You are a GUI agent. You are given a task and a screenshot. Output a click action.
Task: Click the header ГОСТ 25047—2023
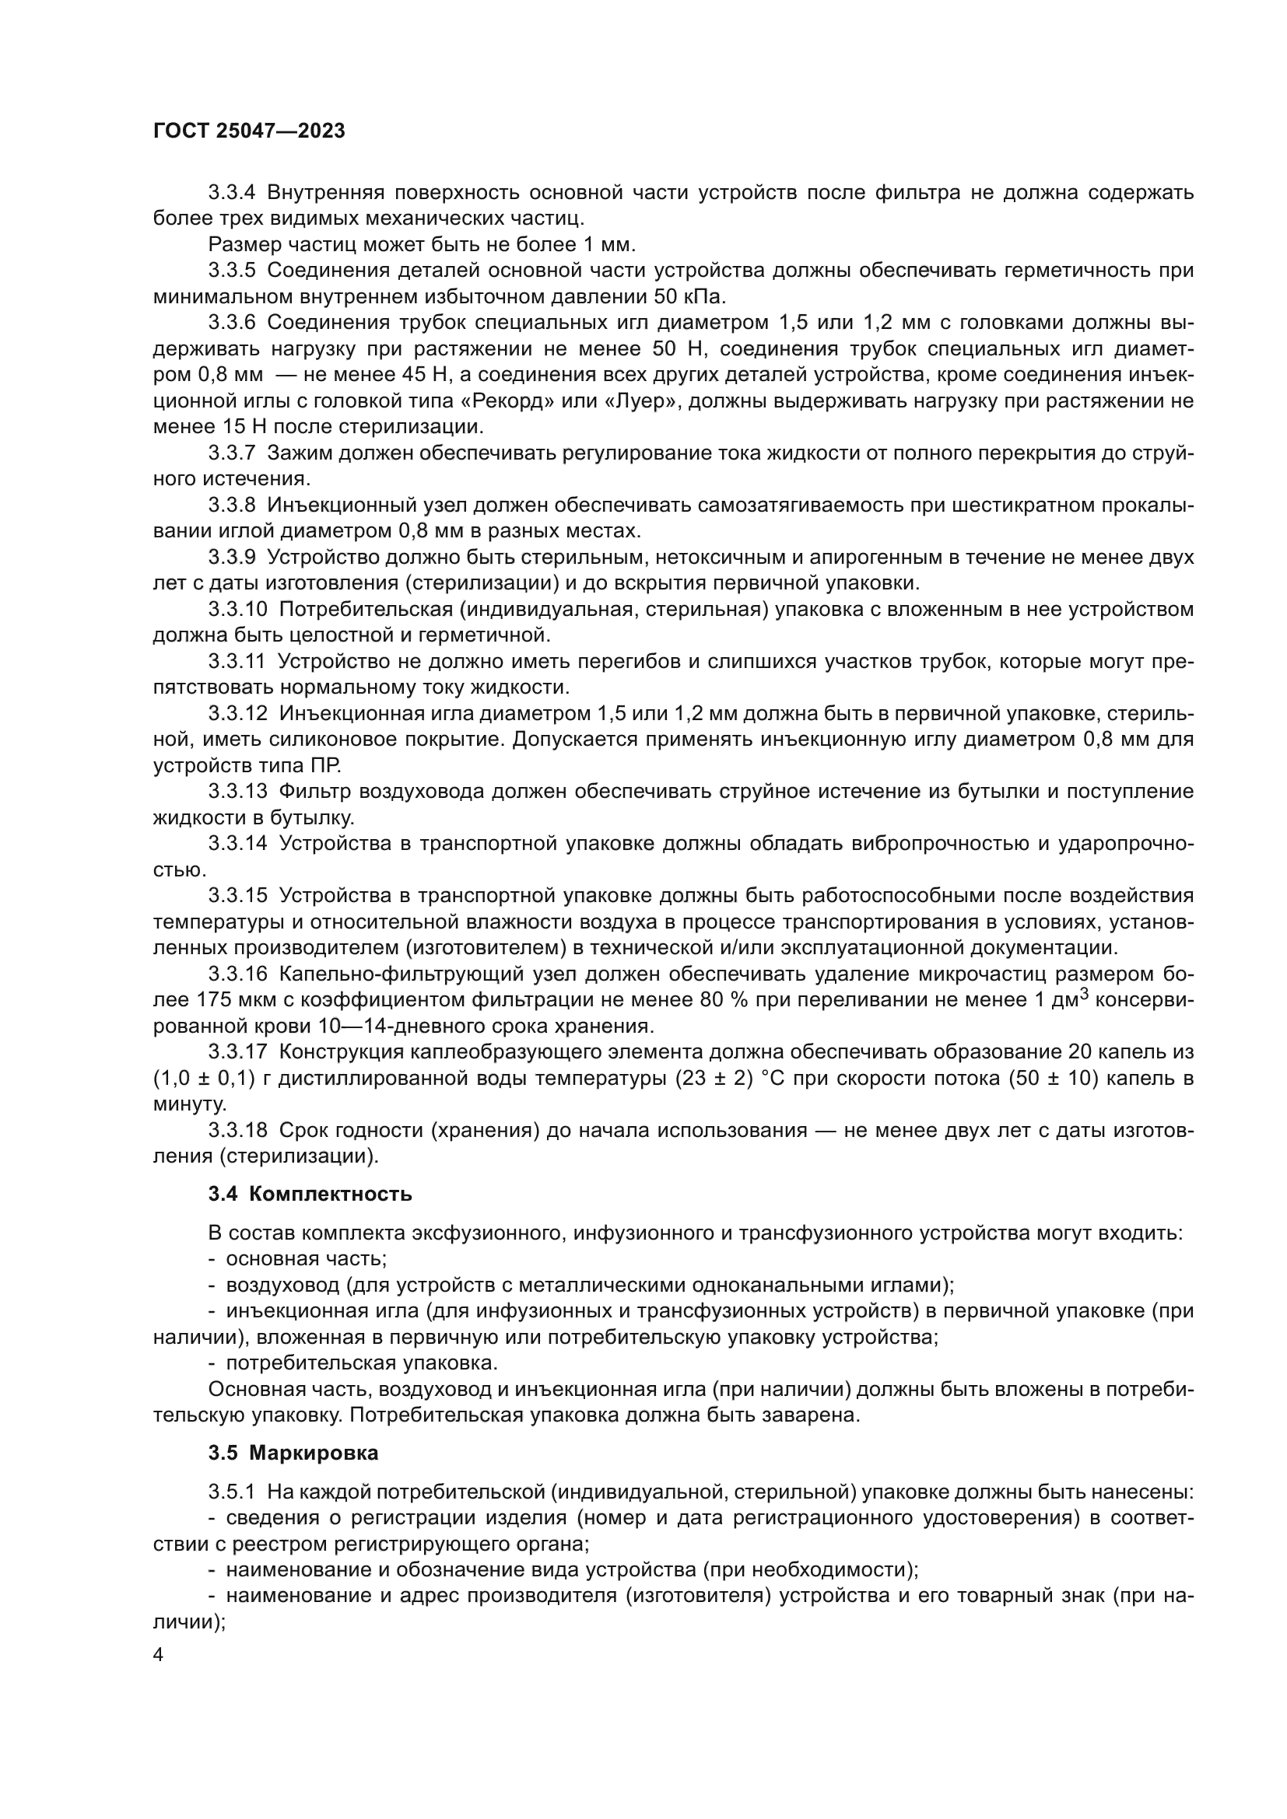249,131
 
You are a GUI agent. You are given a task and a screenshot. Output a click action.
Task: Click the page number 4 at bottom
159,1655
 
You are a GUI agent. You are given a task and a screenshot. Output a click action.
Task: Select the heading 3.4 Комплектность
310,1194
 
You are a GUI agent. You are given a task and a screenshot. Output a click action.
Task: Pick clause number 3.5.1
231,1492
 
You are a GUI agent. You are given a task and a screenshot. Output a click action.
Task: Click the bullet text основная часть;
306,1258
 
